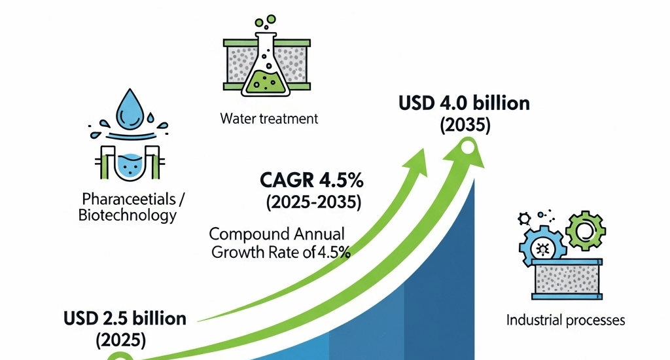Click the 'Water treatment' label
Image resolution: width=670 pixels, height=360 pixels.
pyautogui.click(x=269, y=119)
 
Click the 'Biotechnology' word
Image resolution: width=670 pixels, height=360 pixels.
pyautogui.click(x=127, y=215)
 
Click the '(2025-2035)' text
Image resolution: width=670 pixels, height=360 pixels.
pyautogui.click(x=313, y=202)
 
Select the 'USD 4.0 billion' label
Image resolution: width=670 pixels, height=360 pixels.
pyautogui.click(x=464, y=104)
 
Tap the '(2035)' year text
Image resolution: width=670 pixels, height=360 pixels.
pyautogui.click(x=465, y=124)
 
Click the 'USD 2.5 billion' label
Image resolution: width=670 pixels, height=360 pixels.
pyautogui.click(x=125, y=319)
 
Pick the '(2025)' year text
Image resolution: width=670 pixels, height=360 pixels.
pyautogui.click(x=121, y=340)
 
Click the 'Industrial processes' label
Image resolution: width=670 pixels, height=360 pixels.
pyautogui.click(x=566, y=320)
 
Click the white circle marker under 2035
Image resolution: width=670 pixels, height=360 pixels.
pyautogui.click(x=467, y=149)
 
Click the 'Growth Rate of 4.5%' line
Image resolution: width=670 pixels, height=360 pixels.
pyautogui.click(x=281, y=252)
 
